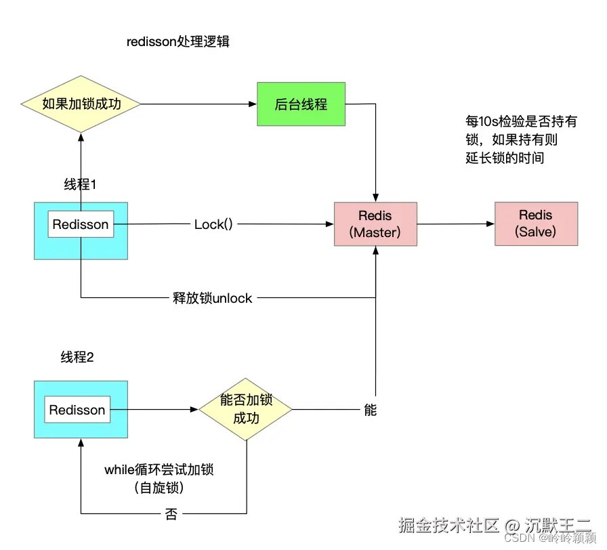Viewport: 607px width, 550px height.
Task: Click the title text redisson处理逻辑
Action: (x=178, y=42)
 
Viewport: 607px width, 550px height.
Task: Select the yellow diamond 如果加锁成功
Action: (x=81, y=104)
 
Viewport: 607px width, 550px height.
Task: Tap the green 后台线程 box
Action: (x=301, y=104)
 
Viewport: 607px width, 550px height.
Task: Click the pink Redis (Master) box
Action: (x=375, y=224)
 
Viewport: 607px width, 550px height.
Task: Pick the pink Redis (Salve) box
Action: (x=536, y=224)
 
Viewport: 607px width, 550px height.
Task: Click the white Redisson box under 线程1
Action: (x=81, y=224)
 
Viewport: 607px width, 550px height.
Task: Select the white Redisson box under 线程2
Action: (x=77, y=410)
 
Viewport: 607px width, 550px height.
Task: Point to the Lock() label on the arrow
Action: (x=213, y=224)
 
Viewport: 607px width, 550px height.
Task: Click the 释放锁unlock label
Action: (x=212, y=298)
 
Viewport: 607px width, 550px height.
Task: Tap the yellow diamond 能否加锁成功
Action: (x=245, y=409)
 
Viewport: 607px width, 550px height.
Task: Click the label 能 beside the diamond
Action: (x=370, y=410)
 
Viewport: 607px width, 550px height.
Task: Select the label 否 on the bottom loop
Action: (x=171, y=514)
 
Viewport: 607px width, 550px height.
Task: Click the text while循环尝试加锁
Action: (x=163, y=469)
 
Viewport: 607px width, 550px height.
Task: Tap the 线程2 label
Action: (x=77, y=358)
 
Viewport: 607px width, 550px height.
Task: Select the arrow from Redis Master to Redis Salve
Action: (x=455, y=224)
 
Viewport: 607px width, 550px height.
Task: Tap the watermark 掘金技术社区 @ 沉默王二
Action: (x=495, y=525)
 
